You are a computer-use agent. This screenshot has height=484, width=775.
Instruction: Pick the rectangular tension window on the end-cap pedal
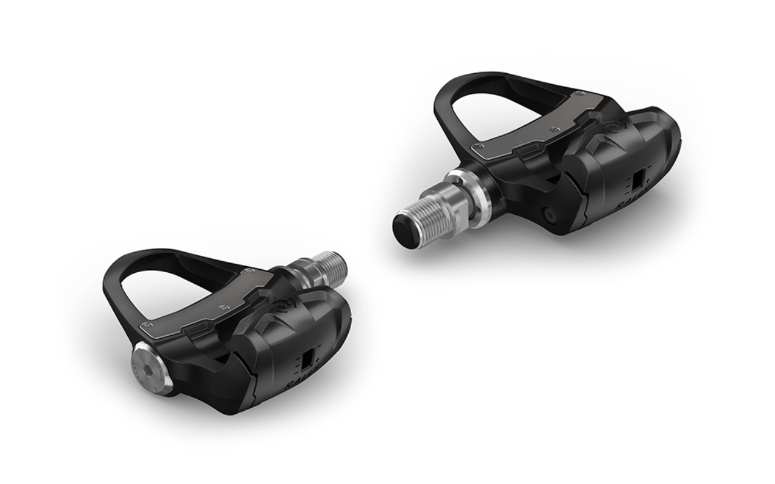(x=308, y=359)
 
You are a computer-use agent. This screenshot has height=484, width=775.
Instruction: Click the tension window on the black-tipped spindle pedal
(x=638, y=179)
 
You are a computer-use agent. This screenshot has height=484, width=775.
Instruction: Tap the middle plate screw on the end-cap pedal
(x=226, y=307)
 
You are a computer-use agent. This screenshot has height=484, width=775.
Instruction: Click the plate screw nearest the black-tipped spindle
(x=478, y=145)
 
